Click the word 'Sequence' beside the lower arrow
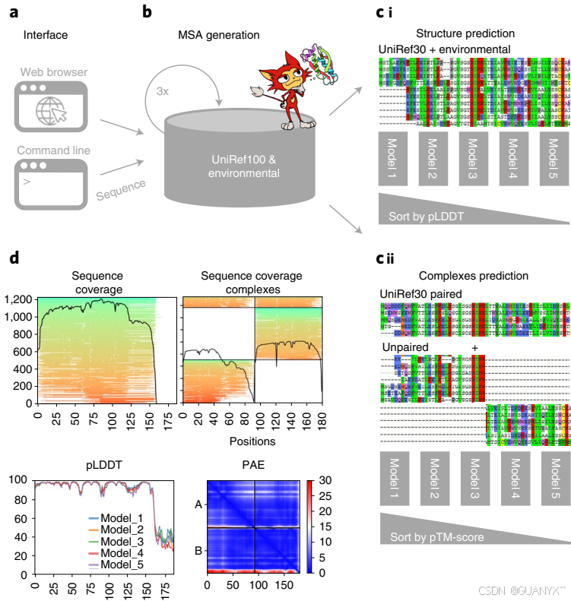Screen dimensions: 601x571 coord(122,190)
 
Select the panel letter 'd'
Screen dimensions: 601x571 coord(14,258)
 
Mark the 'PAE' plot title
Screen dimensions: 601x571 coord(254,465)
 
